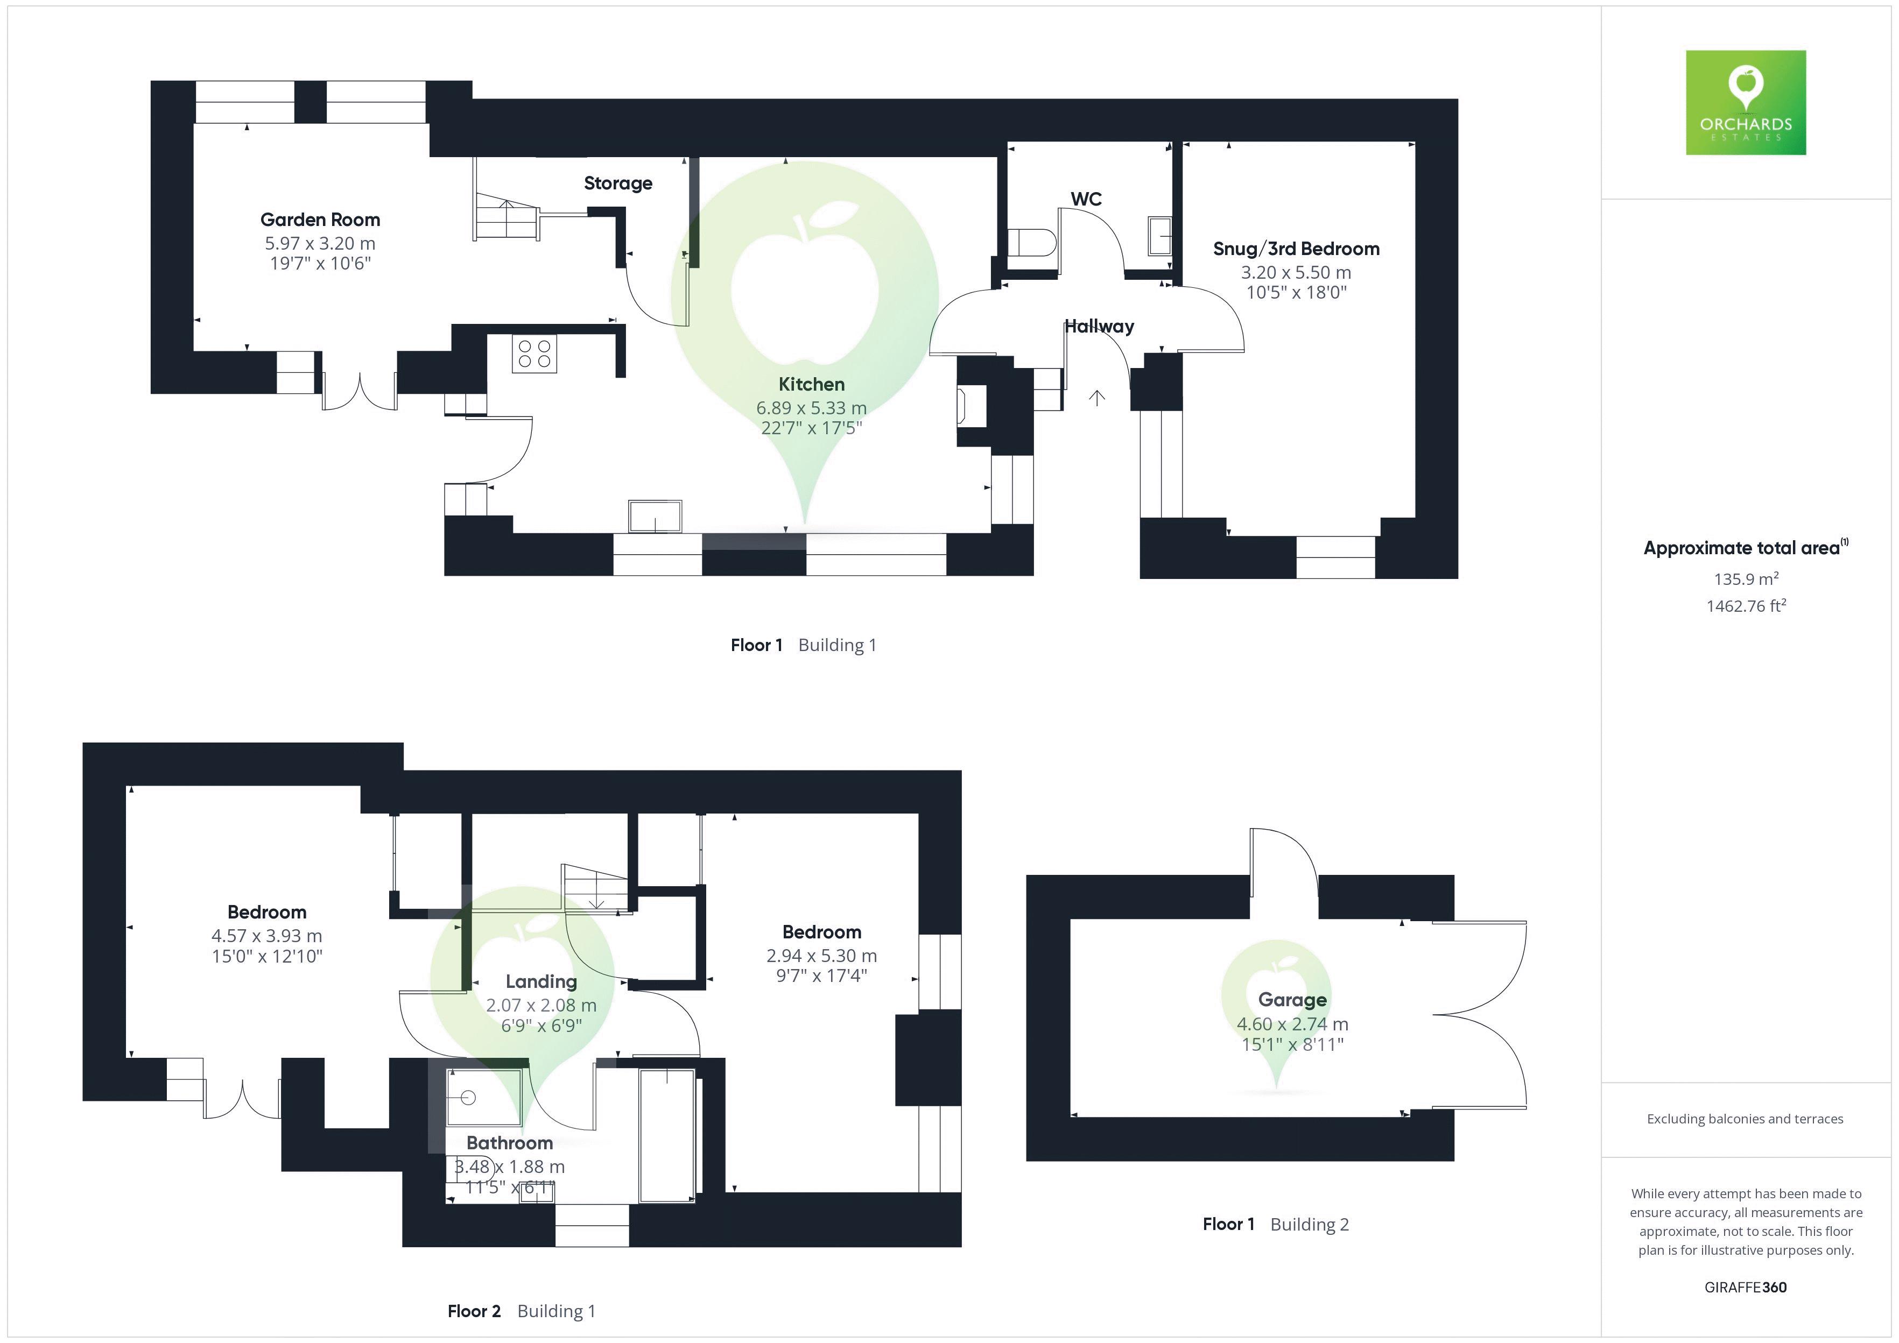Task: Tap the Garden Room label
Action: pyautogui.click(x=320, y=220)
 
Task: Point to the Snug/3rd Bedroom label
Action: pyautogui.click(x=1296, y=249)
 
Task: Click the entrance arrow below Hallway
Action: pyautogui.click(x=1097, y=399)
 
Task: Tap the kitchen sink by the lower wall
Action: pyautogui.click(x=655, y=517)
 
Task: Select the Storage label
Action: pyautogui.click(x=618, y=183)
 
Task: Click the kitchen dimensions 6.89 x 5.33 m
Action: pyautogui.click(x=811, y=408)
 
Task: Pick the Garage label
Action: pyautogui.click(x=1292, y=1000)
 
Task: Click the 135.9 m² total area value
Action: pyautogui.click(x=1746, y=579)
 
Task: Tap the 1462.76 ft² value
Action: pyautogui.click(x=1746, y=606)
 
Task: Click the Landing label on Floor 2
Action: pyautogui.click(x=541, y=981)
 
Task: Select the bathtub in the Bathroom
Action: pyautogui.click(x=666, y=1135)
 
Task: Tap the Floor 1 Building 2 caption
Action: pyautogui.click(x=1275, y=1225)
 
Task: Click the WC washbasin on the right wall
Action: pyautogui.click(x=1159, y=236)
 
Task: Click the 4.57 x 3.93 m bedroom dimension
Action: pyautogui.click(x=266, y=936)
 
